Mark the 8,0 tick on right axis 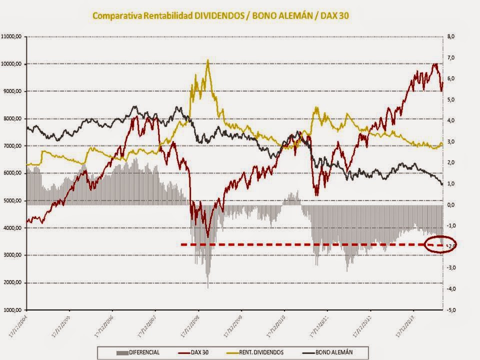click(451, 36)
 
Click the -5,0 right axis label click(451, 310)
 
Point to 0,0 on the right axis click(451, 204)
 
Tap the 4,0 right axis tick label click(451, 120)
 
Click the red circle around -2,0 click(439, 245)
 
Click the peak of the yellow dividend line click(207, 60)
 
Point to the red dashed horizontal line click(300, 244)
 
